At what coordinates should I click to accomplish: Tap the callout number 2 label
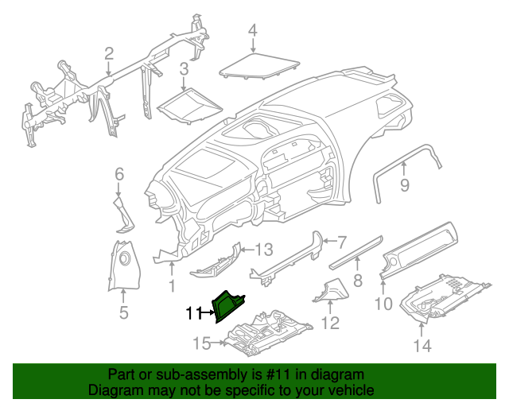(108, 54)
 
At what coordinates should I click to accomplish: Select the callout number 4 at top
(252, 31)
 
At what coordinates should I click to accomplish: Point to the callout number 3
(183, 69)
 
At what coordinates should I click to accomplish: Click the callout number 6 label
(119, 173)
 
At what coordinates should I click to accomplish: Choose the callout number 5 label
(123, 312)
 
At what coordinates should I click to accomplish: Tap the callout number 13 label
(263, 248)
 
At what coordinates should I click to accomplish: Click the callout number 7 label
(342, 241)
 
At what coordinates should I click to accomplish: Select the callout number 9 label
(404, 186)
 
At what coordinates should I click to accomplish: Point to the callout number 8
(358, 280)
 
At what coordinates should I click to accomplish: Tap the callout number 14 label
(421, 345)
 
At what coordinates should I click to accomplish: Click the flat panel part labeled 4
(258, 64)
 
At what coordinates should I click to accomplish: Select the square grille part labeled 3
(188, 104)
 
